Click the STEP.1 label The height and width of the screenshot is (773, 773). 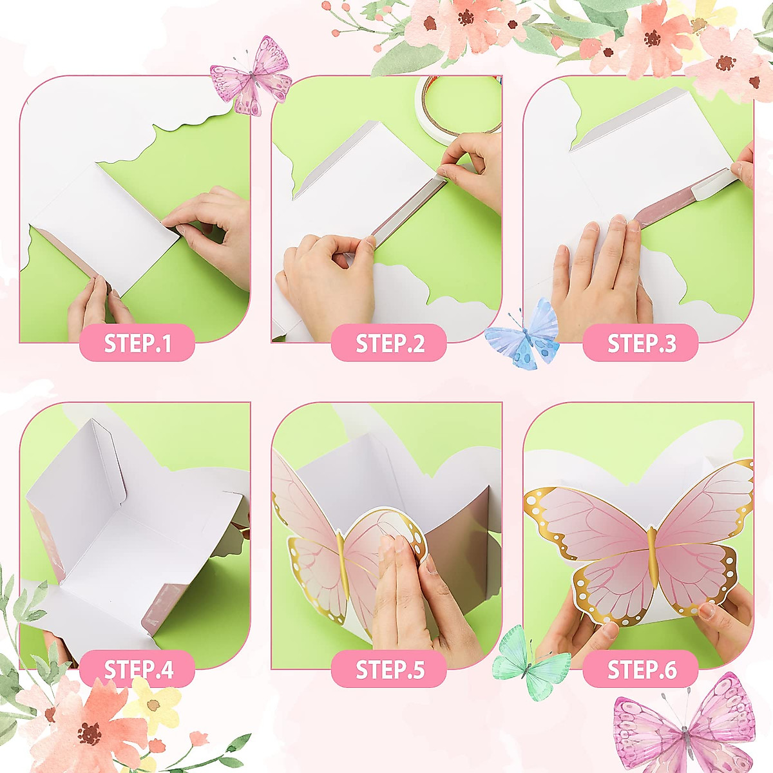pos(137,343)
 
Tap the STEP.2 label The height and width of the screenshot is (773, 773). pos(389,343)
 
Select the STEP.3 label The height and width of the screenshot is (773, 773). pos(641,343)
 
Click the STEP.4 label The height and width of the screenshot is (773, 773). pos(137,669)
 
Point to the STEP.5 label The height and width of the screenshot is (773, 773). pos(389,669)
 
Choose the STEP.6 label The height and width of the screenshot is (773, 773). pos(641,669)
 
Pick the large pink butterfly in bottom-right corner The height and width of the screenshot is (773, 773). pos(686,728)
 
